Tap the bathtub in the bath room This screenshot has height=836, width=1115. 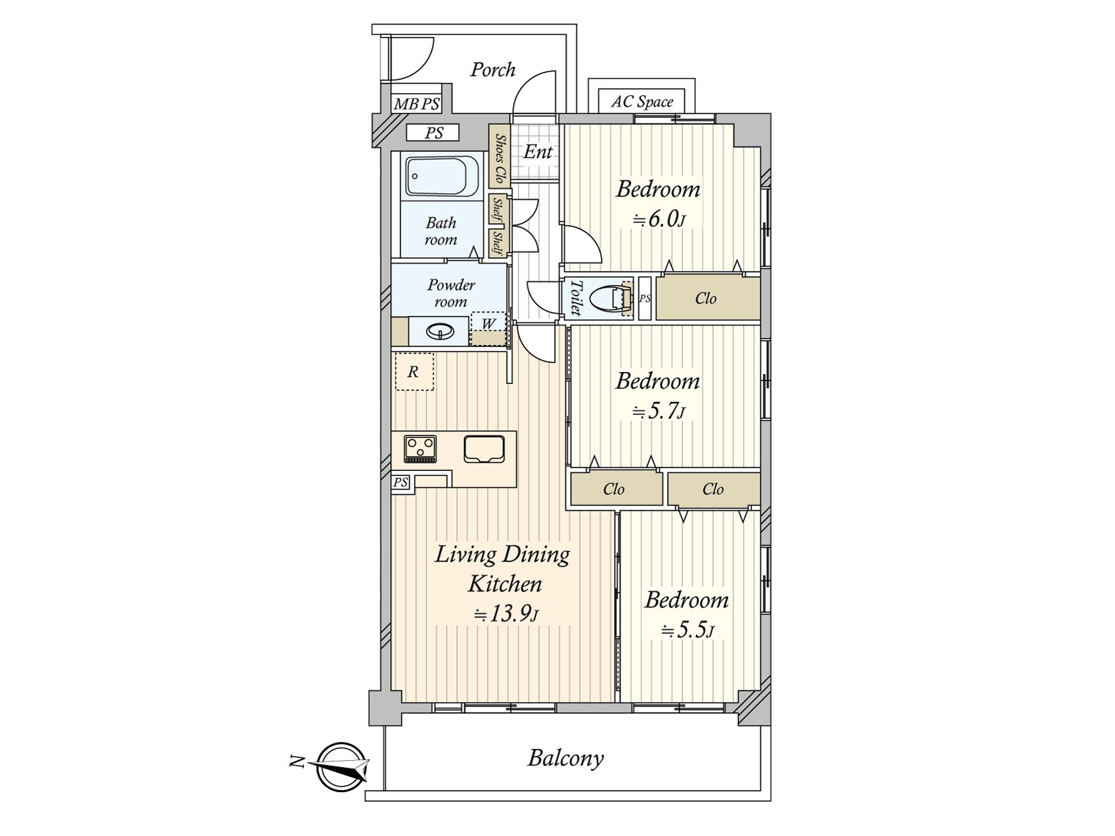click(442, 176)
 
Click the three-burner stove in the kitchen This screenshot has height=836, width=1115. click(420, 448)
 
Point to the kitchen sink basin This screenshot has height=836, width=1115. click(484, 449)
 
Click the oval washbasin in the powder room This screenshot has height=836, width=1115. click(440, 331)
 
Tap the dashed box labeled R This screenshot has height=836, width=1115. click(414, 371)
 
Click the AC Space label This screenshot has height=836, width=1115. click(642, 102)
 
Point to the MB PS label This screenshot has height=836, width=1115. click(417, 104)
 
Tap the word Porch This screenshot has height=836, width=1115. click(493, 70)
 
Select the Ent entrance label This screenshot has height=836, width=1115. click(537, 151)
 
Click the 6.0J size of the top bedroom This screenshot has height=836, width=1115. click(659, 219)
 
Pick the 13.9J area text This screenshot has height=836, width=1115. click(506, 614)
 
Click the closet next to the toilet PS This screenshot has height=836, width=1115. click(707, 298)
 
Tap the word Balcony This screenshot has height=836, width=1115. click(565, 758)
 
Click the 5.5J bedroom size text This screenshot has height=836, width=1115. click(687, 630)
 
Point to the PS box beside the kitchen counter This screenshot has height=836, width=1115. click(401, 482)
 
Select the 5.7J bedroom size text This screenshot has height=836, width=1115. click(659, 411)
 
